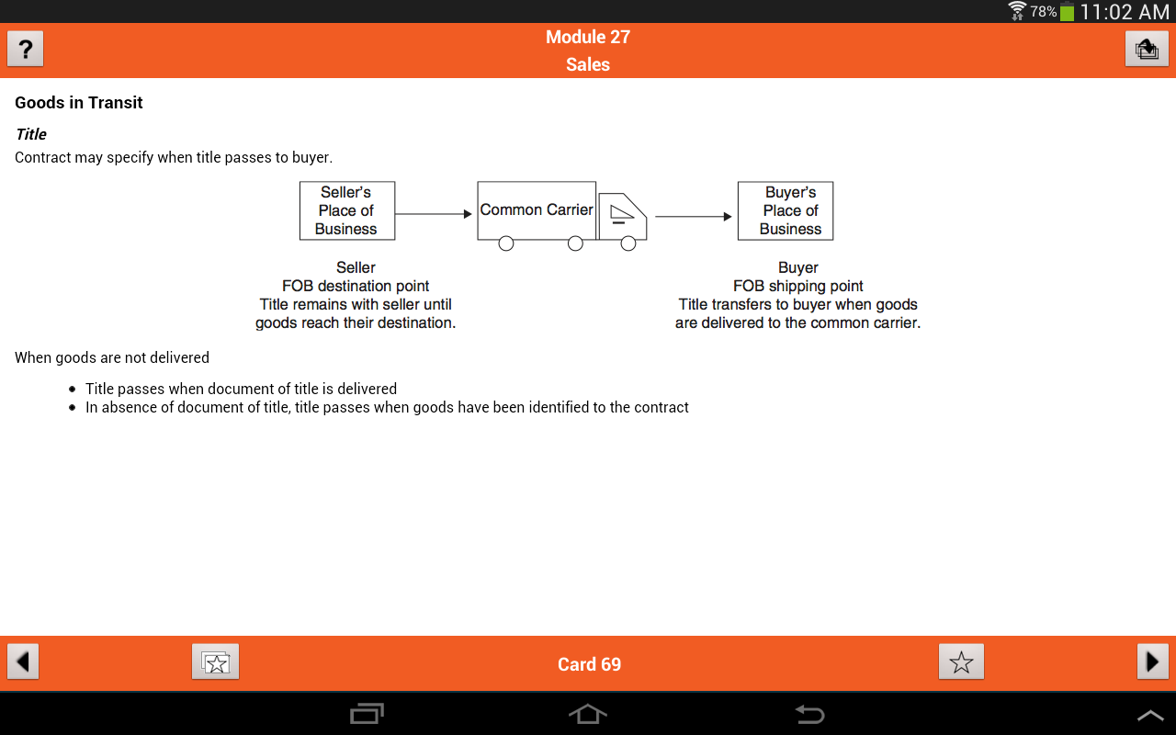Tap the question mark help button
tap(25, 49)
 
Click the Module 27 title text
tap(587, 37)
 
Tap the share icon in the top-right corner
tap(1147, 49)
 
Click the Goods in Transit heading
tap(79, 102)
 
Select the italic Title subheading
tap(31, 134)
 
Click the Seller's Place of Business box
tap(347, 210)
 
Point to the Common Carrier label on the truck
tap(536, 209)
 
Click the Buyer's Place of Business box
tap(786, 210)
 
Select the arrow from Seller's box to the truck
tap(434, 214)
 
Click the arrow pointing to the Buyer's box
tap(694, 216)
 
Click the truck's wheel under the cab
tap(628, 243)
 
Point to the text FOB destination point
tap(356, 286)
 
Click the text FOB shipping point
tap(798, 286)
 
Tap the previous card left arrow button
tap(23, 661)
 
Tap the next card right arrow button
tap(1153, 661)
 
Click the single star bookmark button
tap(961, 661)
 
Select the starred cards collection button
tap(215, 661)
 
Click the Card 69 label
tap(589, 664)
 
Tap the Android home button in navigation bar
tap(588, 714)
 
